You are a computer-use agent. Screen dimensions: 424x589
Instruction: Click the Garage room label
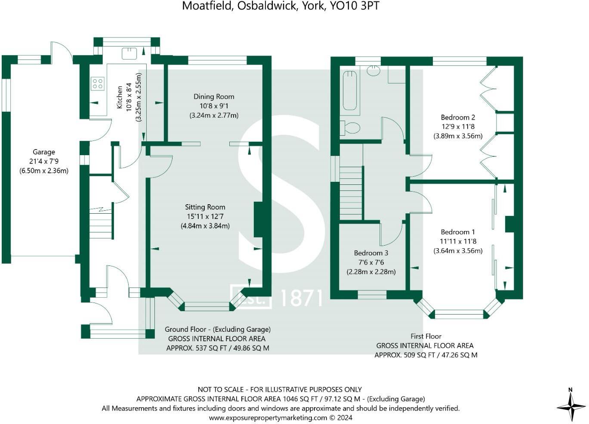coord(43,152)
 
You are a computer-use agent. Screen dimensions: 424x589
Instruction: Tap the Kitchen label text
coord(120,97)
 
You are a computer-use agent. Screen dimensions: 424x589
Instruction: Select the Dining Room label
coord(214,97)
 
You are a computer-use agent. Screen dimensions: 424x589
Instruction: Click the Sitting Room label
coord(205,207)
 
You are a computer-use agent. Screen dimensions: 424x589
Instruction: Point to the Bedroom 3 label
coord(371,253)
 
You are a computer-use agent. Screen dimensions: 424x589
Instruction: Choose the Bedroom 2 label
coord(458,117)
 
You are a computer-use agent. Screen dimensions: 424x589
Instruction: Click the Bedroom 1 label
coord(458,232)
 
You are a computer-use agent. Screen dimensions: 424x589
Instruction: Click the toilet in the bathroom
coord(351,128)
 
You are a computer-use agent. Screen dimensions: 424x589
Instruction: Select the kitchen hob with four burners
coord(98,83)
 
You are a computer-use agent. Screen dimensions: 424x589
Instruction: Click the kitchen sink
coord(129,53)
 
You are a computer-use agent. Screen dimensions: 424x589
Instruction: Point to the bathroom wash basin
coord(374,71)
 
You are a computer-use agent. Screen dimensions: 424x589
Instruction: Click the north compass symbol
coord(571,405)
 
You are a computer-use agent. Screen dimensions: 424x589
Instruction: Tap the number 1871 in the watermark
coord(301,298)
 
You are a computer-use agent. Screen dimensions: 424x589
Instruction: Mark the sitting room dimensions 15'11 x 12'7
coord(205,216)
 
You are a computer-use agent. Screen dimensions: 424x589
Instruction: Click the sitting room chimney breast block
coord(258,220)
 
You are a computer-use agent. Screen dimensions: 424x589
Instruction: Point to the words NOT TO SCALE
coord(221,390)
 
